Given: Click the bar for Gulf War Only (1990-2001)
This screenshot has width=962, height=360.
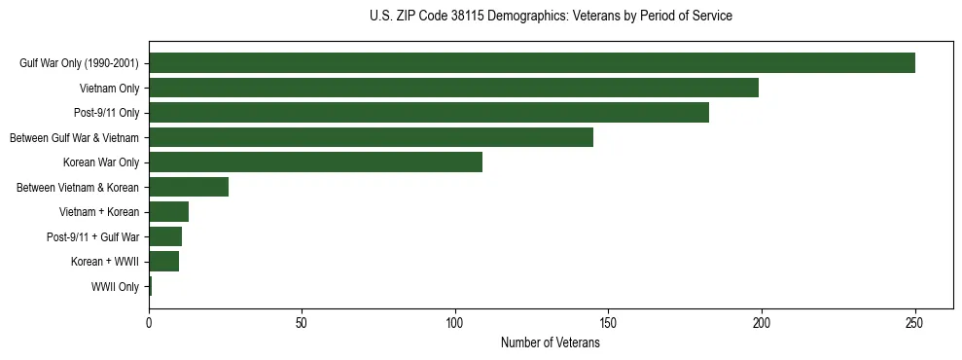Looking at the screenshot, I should coord(532,63).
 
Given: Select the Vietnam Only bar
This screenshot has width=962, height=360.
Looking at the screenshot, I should coord(453,89).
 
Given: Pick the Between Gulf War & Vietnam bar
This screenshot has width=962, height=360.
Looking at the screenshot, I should coord(371,137).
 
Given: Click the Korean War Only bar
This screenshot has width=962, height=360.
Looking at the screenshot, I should coord(315,162).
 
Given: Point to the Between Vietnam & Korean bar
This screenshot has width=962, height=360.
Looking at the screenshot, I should coord(189,187).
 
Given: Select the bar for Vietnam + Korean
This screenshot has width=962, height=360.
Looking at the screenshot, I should coord(168,211).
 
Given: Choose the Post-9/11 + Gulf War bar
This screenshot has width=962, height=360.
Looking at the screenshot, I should coord(165,236).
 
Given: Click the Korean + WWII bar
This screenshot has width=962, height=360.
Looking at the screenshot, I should coord(163,261).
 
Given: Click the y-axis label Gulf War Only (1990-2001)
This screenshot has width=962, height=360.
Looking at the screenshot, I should coord(78,63).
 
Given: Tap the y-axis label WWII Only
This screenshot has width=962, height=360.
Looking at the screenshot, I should coord(115,286).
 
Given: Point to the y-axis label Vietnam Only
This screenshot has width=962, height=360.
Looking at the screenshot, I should coord(109,89).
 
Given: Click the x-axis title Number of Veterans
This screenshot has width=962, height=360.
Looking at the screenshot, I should coord(550,342).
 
